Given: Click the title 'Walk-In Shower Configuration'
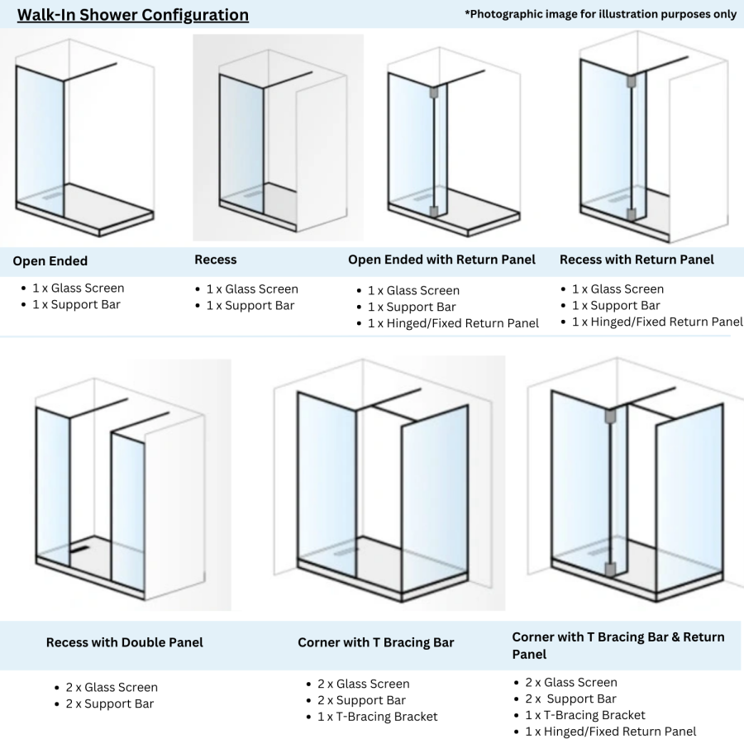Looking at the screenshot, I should click(133, 15).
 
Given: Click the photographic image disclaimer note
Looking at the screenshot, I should click(601, 14).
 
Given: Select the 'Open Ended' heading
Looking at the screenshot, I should click(50, 261).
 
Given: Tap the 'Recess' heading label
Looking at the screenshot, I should click(216, 260).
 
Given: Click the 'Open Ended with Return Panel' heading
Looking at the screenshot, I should click(441, 260).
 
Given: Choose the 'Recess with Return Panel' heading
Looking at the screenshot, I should click(637, 260).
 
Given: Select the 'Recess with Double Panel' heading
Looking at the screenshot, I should click(125, 642).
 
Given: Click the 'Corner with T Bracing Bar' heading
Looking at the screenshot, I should click(376, 642).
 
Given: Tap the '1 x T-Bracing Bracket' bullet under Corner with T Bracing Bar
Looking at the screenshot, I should click(378, 717).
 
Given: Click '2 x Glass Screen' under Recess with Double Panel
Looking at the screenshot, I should click(112, 687).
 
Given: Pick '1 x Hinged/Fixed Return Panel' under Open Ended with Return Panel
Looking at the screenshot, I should click(454, 323).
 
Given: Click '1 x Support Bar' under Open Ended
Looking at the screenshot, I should click(77, 305).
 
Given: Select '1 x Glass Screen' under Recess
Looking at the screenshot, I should click(252, 289).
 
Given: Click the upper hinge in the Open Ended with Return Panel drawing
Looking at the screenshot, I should click(432, 94).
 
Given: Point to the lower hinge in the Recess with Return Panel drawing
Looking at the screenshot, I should click(631, 215).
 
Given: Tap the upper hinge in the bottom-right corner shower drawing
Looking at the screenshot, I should click(609, 416).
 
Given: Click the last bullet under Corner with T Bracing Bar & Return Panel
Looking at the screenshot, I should click(611, 732).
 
